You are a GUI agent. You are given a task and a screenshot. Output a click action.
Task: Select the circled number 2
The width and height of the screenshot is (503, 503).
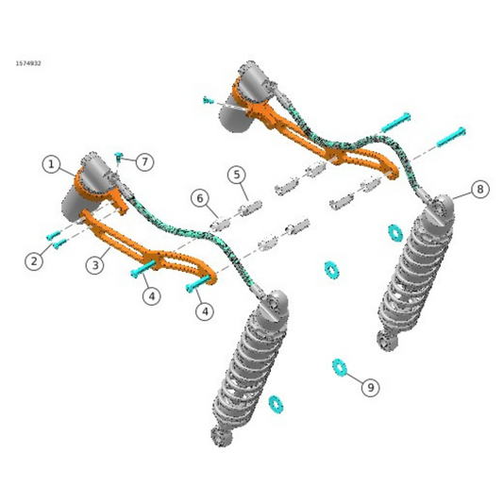34,261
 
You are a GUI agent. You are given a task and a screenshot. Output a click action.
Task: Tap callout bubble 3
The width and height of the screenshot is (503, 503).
94,265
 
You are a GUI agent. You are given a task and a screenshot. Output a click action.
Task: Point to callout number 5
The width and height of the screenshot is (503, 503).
237,175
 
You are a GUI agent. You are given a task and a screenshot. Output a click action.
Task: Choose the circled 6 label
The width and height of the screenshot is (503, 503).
199,198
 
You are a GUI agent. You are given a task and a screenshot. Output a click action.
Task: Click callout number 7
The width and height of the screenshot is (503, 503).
144,162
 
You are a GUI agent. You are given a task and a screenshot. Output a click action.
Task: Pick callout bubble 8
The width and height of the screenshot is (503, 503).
479,190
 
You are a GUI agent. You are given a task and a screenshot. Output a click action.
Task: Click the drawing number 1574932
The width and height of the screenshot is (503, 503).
28,63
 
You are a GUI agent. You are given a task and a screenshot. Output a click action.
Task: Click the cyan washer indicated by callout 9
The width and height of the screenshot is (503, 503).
339,366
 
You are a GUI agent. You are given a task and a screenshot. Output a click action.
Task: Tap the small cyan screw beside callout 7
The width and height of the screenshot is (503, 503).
120,156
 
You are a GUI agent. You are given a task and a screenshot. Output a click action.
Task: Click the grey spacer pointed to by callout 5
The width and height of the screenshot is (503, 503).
251,206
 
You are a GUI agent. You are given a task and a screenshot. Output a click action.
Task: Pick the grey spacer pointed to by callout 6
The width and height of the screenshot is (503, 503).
221,224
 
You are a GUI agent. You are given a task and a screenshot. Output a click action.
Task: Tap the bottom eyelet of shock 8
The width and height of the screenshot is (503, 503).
385,341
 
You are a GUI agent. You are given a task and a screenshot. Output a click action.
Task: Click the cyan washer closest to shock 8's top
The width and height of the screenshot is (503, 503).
395,231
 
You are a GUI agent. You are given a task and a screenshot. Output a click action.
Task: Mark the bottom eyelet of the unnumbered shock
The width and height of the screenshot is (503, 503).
221,438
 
